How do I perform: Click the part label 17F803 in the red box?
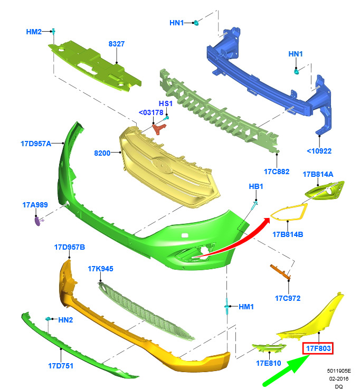tap(318, 348)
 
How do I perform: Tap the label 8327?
tap(116, 44)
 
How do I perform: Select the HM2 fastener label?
tap(34, 32)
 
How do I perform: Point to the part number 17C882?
tap(277, 172)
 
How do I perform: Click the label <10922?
tap(319, 151)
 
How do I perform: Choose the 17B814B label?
tap(288, 234)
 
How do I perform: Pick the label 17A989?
tap(35, 205)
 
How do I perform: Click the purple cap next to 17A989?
tap(37, 221)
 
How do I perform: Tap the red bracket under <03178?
tap(159, 129)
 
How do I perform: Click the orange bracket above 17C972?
tap(280, 271)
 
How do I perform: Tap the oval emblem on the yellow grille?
tap(162, 165)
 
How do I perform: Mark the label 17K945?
tap(100, 269)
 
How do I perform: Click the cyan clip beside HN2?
tap(49, 319)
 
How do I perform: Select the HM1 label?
tap(246, 307)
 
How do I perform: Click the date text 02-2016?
tap(339, 378)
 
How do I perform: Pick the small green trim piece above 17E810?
tap(269, 347)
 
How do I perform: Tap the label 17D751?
tap(61, 366)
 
